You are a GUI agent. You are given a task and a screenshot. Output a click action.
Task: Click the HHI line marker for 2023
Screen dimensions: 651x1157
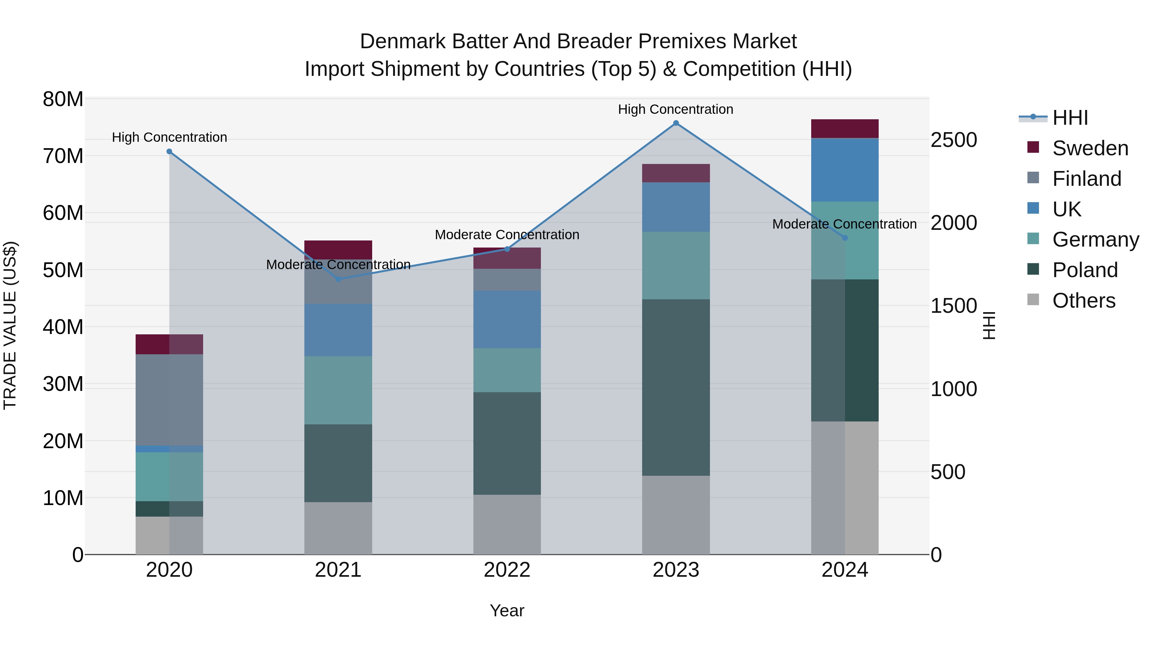point(676,123)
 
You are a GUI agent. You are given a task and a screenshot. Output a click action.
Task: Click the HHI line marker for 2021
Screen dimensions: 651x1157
point(338,279)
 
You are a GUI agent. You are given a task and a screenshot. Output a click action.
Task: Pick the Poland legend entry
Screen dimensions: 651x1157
point(1084,270)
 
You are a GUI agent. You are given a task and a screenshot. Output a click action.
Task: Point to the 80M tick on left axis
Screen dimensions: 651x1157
point(63,99)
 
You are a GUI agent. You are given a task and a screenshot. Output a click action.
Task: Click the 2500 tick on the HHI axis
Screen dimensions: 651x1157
point(953,140)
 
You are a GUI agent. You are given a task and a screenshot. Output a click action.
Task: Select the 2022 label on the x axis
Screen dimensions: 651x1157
point(507,570)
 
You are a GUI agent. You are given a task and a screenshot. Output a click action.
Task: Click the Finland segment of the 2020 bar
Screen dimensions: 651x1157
point(169,400)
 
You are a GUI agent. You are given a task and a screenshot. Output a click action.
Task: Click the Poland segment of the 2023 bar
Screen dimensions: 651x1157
point(676,387)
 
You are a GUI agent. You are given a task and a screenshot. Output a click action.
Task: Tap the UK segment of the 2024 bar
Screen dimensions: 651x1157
point(844,170)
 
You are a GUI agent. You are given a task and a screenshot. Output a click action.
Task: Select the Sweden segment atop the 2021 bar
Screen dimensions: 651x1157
point(338,249)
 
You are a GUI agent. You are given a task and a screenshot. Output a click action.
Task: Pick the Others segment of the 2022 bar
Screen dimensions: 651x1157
point(507,524)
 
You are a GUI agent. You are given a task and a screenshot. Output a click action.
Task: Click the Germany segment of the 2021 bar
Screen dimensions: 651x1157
point(338,390)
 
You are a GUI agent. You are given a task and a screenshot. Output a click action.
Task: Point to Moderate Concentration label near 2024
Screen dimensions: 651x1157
point(844,224)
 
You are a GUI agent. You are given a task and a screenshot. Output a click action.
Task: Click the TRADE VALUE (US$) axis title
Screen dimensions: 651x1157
point(10,325)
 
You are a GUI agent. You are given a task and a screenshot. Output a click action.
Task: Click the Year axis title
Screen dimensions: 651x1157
point(507,610)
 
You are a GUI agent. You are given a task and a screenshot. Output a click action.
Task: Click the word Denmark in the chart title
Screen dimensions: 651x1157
point(403,41)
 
